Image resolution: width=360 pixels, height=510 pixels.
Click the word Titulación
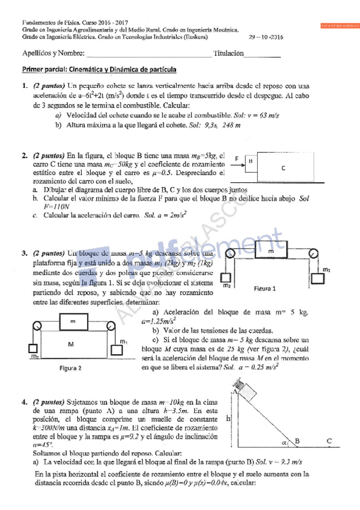pos(228,54)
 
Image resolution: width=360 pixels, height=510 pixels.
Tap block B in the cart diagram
pos(250,161)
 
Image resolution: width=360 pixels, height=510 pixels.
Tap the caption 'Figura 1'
pos(264,288)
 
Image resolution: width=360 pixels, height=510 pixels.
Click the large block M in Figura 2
pos(70,344)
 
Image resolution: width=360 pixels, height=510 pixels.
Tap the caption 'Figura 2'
pos(71,367)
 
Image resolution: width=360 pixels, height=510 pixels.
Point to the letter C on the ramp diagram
pos(329,441)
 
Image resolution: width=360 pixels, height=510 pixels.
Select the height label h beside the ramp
pos(229,417)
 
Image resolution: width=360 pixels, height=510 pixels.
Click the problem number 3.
pos(25,254)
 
